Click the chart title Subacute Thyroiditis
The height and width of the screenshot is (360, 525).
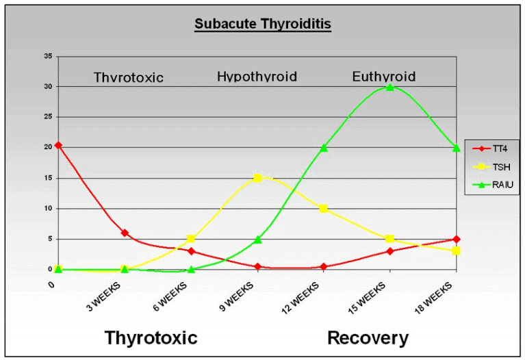pos(263,25)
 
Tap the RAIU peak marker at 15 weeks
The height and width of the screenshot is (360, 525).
pos(390,87)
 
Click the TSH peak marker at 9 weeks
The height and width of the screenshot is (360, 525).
pos(257,178)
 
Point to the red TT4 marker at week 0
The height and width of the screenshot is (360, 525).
pos(58,145)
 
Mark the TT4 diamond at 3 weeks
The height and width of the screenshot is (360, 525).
pos(125,233)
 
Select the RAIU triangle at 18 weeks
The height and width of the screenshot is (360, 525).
pos(457,148)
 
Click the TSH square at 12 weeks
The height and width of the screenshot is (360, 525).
pos(324,208)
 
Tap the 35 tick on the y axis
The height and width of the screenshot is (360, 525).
pos(47,56)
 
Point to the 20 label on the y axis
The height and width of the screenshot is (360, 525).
pos(47,147)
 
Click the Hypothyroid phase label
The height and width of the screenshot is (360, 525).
pos(257,77)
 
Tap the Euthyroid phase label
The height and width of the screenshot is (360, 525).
pos(384,77)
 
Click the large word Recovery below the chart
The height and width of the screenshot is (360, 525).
pos(368,337)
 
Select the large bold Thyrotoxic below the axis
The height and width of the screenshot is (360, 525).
pos(151,337)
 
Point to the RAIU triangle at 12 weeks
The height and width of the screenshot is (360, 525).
pos(324,148)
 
